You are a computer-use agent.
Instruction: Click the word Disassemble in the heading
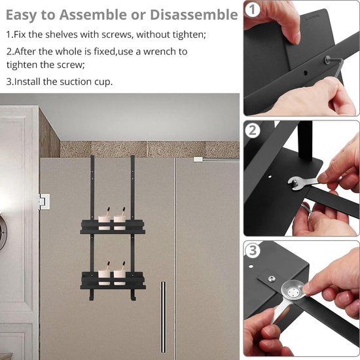pyautogui.click(x=194, y=14)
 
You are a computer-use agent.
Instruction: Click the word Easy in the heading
pyautogui.click(x=22, y=16)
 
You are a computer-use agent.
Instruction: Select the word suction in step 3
pyautogui.click(x=76, y=82)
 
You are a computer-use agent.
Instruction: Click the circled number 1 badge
pyautogui.click(x=252, y=10)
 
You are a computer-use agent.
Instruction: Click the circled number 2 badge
pyautogui.click(x=253, y=131)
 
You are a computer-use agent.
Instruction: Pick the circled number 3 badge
pyautogui.click(x=253, y=250)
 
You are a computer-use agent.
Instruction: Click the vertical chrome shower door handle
pyautogui.click(x=163, y=317)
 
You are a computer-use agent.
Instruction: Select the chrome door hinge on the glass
pyautogui.click(x=44, y=202)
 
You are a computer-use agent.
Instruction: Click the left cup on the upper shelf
pyautogui.click(x=104, y=223)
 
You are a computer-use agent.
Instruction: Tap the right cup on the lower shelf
pyautogui.click(x=120, y=278)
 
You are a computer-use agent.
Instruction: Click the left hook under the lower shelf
pyautogui.click(x=91, y=295)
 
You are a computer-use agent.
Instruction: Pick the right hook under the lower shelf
pyautogui.click(x=133, y=295)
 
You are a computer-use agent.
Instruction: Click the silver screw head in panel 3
pyautogui.click(x=272, y=279)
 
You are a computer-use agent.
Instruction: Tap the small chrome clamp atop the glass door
pyautogui.click(x=198, y=159)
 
